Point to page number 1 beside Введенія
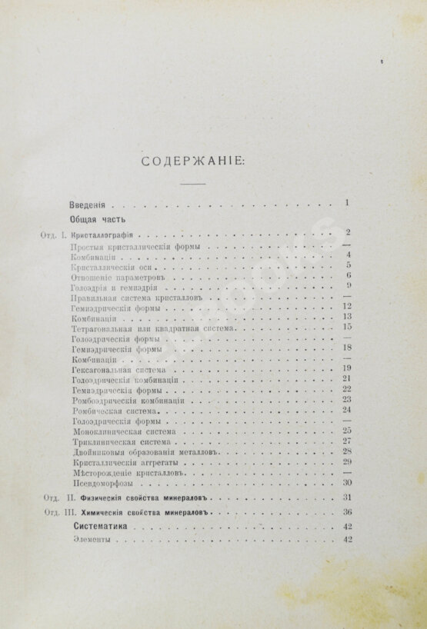348,203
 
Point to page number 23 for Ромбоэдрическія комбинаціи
346,399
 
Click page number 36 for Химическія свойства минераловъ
346,511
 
